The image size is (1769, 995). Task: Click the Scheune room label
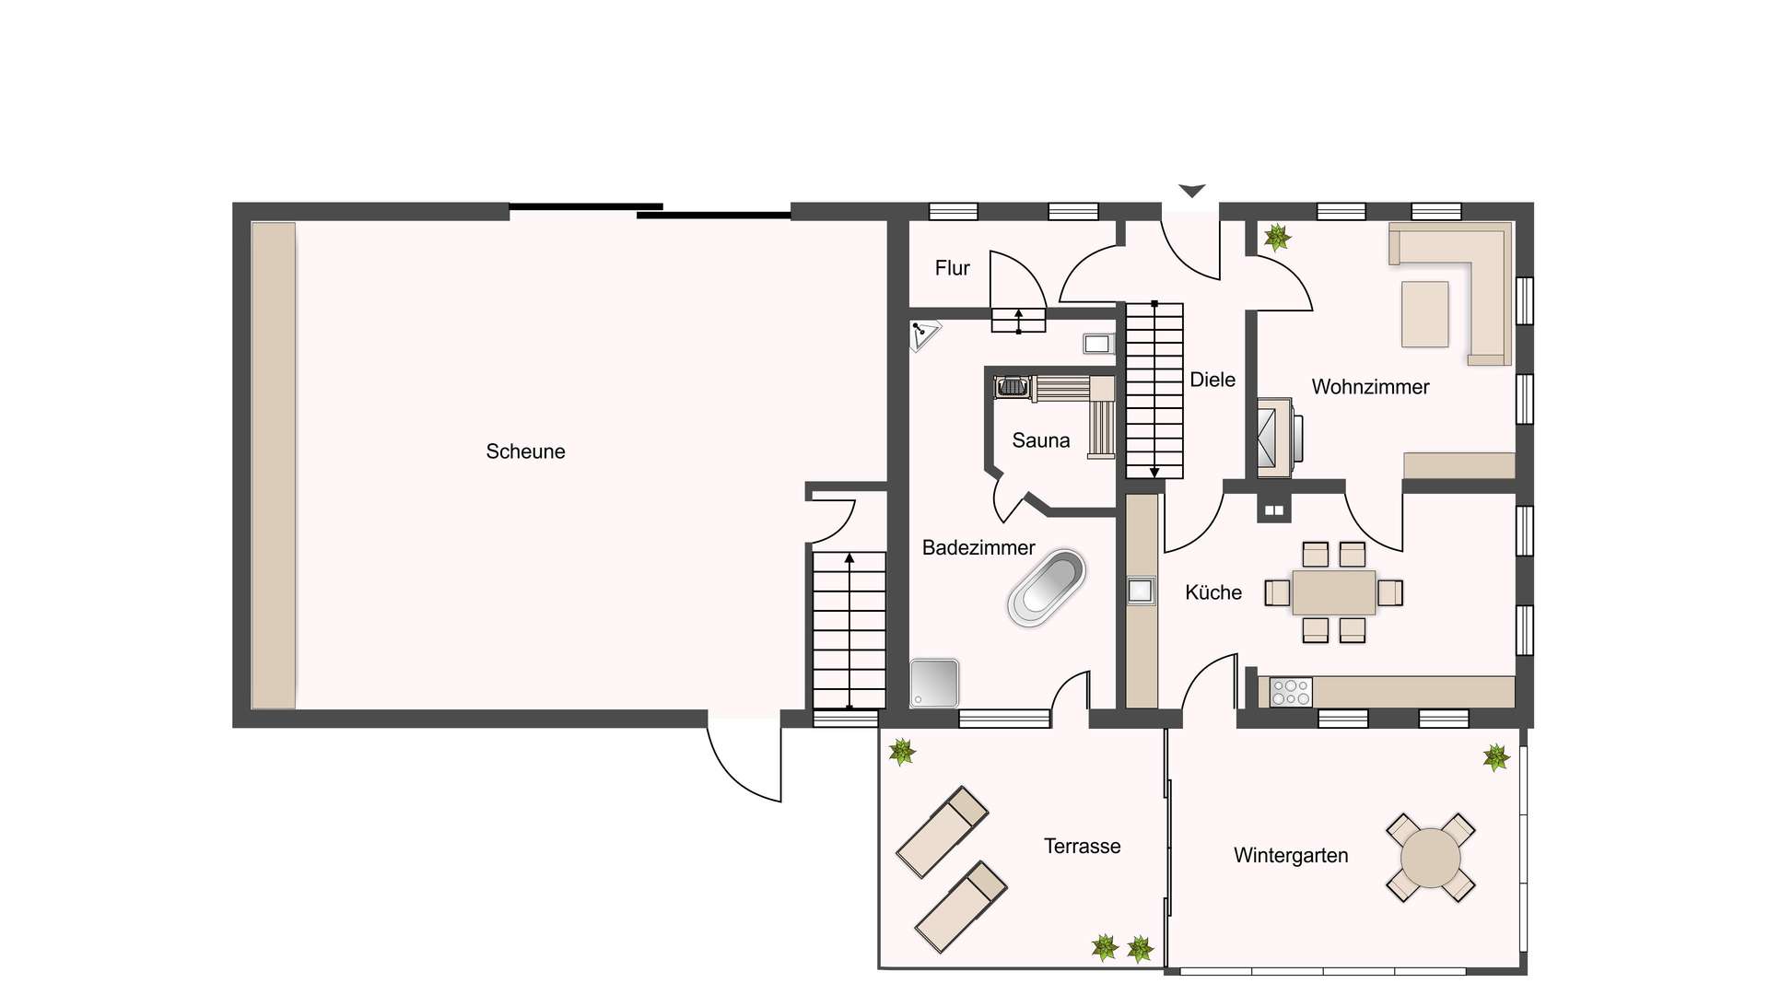(x=525, y=451)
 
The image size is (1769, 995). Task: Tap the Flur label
(x=952, y=268)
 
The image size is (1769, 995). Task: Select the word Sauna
(x=1041, y=440)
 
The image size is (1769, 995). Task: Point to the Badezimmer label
(x=978, y=548)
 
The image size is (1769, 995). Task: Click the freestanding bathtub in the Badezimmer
(x=1046, y=588)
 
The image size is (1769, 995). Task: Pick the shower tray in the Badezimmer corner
(x=934, y=684)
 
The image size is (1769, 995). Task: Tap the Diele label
(x=1213, y=380)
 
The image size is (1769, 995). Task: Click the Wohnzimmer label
(x=1370, y=387)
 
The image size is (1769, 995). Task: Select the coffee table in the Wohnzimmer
(x=1424, y=314)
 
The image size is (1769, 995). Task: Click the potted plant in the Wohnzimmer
(x=1277, y=238)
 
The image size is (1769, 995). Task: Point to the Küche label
(x=1213, y=592)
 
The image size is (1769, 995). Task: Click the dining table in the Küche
(x=1333, y=592)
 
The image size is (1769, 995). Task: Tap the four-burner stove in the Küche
(x=1291, y=692)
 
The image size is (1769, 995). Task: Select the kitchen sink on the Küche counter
(x=1141, y=591)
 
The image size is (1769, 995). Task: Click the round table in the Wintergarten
(x=1430, y=858)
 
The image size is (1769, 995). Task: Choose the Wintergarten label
(x=1291, y=856)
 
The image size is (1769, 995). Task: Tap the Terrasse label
(x=1083, y=847)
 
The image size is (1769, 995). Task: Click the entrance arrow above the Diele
(x=1191, y=191)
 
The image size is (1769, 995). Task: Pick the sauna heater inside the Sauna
(x=1013, y=387)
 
